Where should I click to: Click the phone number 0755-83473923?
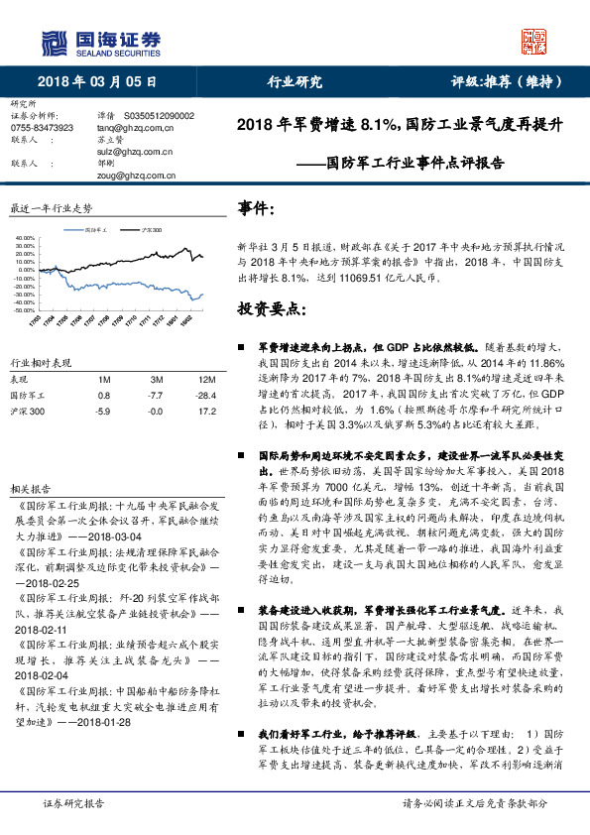click(x=42, y=128)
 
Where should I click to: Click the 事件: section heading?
click(x=256, y=208)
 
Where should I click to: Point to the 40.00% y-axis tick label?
click(x=24, y=239)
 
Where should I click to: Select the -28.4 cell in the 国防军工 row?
click(x=206, y=395)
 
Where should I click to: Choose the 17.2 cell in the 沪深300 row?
click(x=207, y=409)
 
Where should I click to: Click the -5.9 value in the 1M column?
click(x=102, y=409)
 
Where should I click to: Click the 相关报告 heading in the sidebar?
click(x=29, y=490)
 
